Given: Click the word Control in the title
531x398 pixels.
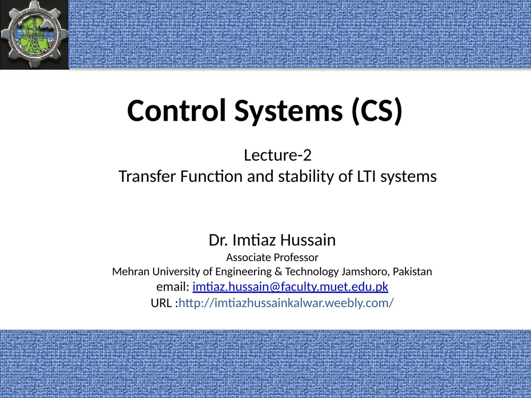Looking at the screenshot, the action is coord(176,110).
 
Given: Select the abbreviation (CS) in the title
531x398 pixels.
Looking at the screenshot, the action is coord(377,111).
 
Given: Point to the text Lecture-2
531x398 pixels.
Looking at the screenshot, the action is coord(278,155).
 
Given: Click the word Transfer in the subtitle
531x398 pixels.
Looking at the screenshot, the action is coord(147,176).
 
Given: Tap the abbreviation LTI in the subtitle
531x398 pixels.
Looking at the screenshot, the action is coord(367,177).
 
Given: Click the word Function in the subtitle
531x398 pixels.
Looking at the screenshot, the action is coord(212,176).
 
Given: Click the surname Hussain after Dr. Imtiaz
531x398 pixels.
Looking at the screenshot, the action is coord(308,240).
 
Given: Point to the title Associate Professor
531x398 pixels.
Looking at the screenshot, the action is coord(272,258).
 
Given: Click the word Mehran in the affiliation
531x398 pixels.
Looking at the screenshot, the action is coord(131,272).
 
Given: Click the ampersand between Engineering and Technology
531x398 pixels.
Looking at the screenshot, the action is coord(278,272).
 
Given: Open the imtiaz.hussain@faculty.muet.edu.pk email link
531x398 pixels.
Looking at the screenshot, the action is coord(290,287).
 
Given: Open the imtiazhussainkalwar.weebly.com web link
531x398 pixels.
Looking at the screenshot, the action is coord(286,303).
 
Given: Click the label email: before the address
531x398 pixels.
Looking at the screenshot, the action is coord(173,287).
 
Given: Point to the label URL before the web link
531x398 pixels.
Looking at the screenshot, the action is coord(162,303).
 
